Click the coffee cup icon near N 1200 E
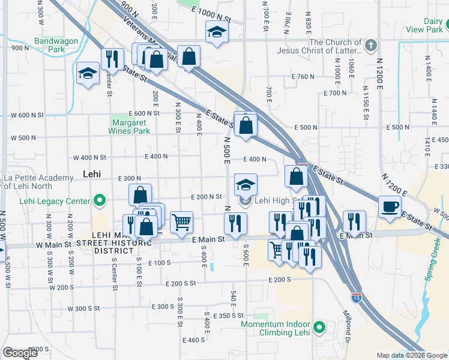390,208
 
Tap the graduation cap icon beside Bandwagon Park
88,74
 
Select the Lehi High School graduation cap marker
246,184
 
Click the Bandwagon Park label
49,45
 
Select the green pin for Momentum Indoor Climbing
319,328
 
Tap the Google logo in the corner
20,353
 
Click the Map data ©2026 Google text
412,355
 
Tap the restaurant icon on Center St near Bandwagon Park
112,59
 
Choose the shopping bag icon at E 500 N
246,125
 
